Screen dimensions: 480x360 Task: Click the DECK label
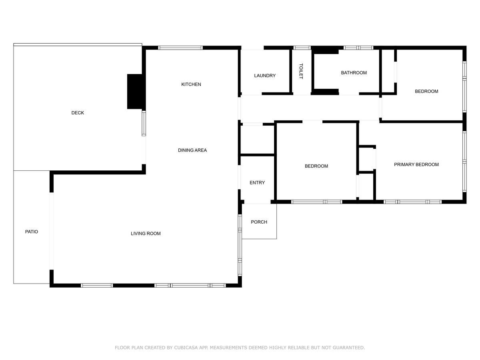click(78, 113)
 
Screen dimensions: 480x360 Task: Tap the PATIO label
click(32, 232)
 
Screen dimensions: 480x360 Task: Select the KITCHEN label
click(191, 84)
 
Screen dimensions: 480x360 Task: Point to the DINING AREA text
click(192, 150)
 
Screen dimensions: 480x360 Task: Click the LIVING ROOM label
click(146, 234)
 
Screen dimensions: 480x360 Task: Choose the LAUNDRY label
click(265, 76)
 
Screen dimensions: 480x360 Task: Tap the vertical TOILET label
click(301, 71)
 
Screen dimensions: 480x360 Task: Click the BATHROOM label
click(354, 73)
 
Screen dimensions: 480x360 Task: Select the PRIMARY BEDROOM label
click(416, 164)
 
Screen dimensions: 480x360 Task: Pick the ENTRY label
click(257, 183)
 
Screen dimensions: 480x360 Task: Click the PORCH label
click(259, 222)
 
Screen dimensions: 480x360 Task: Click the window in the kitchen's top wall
click(180, 48)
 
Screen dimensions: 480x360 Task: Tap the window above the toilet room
click(302, 48)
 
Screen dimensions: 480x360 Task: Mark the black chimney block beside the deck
click(135, 92)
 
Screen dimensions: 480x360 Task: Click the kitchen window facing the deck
click(144, 124)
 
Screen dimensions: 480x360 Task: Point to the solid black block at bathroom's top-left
click(325, 50)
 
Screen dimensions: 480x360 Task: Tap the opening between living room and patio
click(52, 231)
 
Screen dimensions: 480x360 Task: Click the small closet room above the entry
click(257, 140)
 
